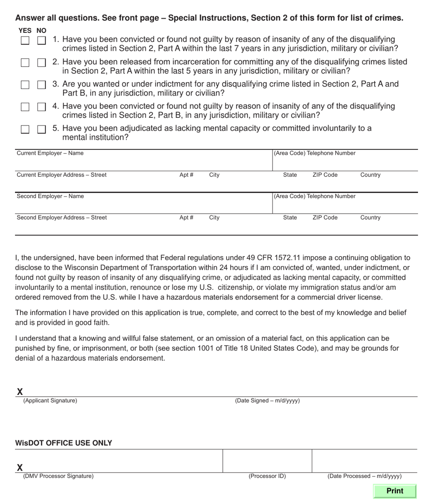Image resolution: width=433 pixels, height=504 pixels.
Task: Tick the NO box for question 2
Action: (x=41, y=63)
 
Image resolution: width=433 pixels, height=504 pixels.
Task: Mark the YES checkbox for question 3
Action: (x=25, y=85)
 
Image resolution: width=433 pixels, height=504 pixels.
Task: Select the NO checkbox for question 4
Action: (x=41, y=107)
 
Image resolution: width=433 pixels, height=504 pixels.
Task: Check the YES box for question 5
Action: (x=25, y=129)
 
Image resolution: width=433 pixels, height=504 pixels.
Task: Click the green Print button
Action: (x=394, y=491)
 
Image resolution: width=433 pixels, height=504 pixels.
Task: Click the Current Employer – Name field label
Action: (x=50, y=153)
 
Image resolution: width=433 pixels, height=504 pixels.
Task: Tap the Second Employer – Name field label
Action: (x=50, y=196)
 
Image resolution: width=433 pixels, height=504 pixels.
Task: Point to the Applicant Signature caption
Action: (x=50, y=401)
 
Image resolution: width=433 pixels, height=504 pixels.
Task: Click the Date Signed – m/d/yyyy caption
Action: (x=267, y=401)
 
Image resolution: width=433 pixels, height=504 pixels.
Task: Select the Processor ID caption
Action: (x=267, y=476)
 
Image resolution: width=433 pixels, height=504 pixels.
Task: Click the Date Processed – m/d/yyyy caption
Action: (x=364, y=476)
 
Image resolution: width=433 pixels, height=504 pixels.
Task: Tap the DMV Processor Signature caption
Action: (x=58, y=476)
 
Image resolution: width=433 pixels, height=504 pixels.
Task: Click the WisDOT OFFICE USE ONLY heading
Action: (x=63, y=443)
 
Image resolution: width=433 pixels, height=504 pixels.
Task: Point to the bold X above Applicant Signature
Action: (x=20, y=392)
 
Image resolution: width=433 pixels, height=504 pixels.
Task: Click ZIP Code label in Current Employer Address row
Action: (x=325, y=175)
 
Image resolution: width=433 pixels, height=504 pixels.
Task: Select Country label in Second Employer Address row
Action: (x=370, y=218)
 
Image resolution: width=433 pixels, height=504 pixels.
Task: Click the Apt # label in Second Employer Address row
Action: (x=186, y=218)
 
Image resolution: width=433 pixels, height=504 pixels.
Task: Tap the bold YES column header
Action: (x=25, y=31)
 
